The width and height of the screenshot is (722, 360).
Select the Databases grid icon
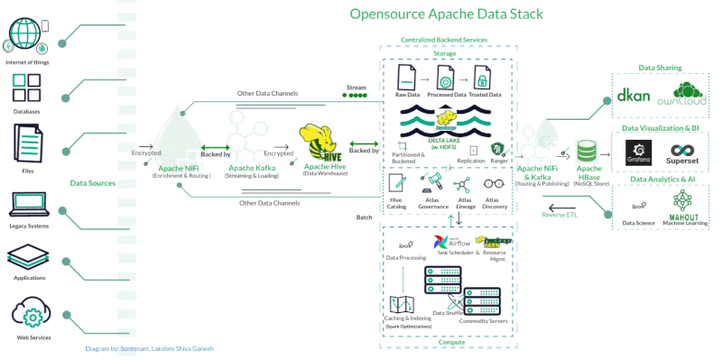tap(26, 88)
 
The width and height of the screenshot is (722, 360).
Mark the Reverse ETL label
tap(560, 215)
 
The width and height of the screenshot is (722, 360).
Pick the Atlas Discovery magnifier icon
tap(492, 184)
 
